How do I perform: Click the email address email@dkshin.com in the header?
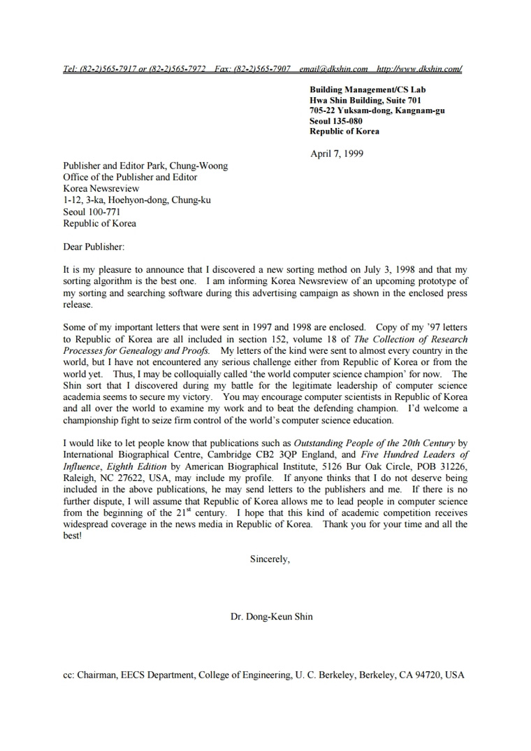(x=333, y=69)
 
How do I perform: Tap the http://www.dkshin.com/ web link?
(x=419, y=69)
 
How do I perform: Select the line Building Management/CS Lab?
(x=368, y=90)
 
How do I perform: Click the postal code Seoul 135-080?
(x=336, y=121)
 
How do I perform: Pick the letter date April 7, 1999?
(x=336, y=154)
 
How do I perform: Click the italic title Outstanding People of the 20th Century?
(x=374, y=443)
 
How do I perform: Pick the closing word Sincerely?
(x=270, y=559)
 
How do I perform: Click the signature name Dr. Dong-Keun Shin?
(x=272, y=617)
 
